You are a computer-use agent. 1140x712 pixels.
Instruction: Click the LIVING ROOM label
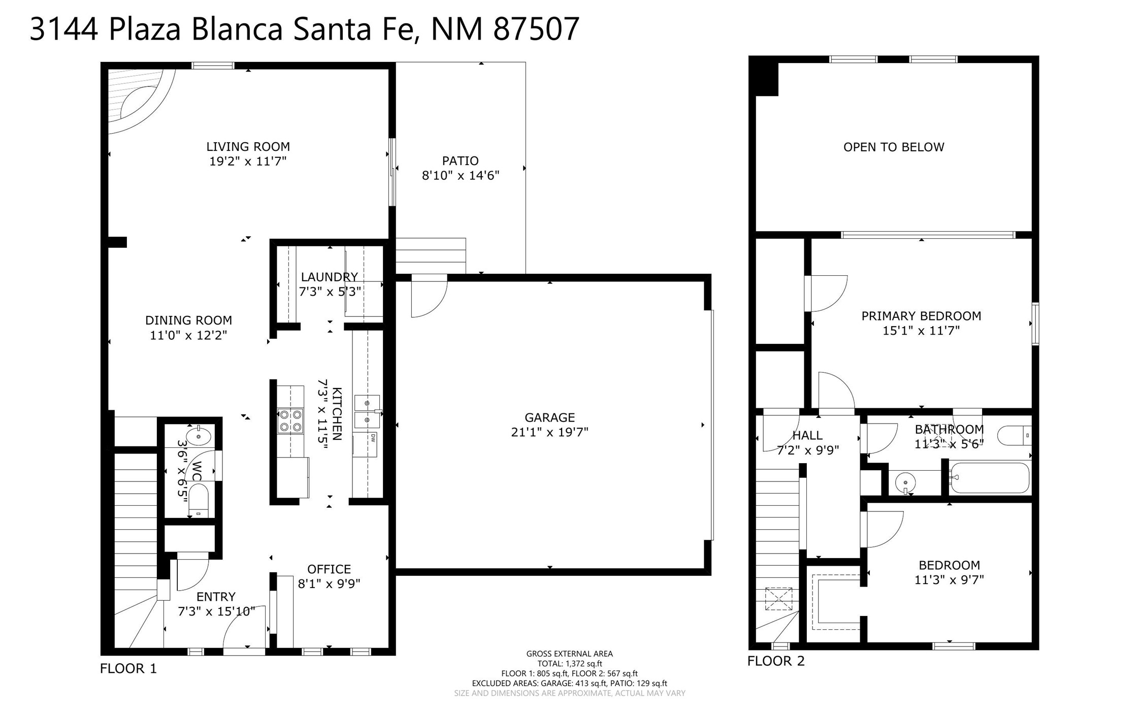(248, 147)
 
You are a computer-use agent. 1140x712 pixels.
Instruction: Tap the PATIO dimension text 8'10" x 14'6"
(461, 176)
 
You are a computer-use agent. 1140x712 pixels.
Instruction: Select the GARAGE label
(549, 417)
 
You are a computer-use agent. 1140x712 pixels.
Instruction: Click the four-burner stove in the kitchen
(290, 421)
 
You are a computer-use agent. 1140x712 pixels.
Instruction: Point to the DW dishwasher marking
(373, 437)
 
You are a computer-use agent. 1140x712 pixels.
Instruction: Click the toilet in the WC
(199, 500)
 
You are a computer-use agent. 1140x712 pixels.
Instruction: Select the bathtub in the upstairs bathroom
(989, 477)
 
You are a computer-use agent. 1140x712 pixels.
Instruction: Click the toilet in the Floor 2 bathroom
(1014, 436)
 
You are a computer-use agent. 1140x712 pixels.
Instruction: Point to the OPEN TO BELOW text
(894, 147)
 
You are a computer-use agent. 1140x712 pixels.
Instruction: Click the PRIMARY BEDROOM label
(921, 316)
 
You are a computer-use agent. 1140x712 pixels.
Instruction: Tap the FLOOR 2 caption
(776, 661)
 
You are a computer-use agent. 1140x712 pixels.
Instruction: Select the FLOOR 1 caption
(128, 668)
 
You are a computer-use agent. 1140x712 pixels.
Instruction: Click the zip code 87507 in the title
(536, 29)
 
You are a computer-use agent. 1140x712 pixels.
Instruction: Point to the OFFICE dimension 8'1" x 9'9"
(329, 584)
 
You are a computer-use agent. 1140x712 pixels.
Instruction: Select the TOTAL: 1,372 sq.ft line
(570, 663)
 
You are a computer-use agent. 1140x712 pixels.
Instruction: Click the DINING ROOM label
(188, 320)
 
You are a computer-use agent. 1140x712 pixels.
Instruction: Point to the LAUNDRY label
(330, 277)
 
